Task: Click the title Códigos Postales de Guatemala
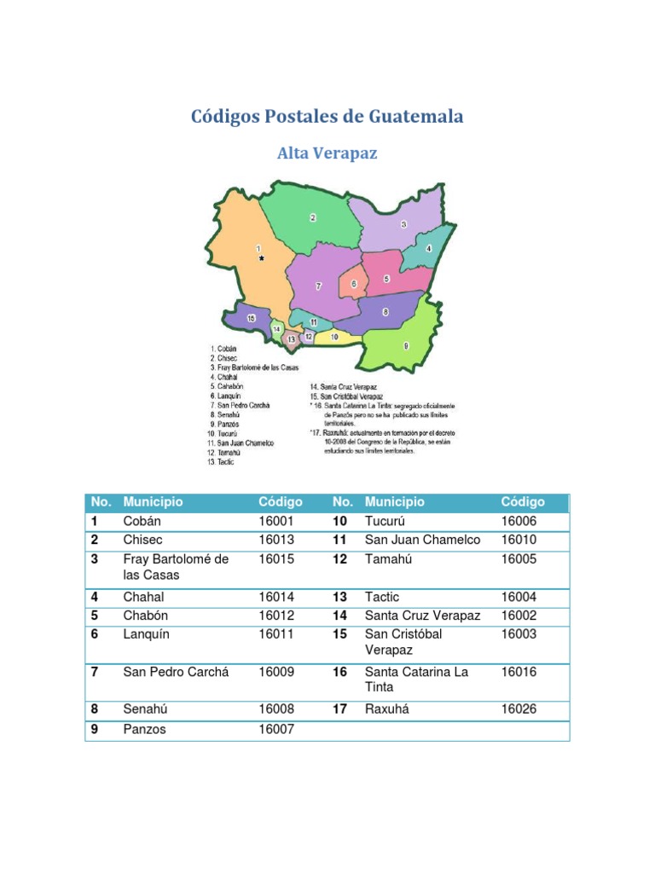(327, 117)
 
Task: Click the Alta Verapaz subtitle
(327, 153)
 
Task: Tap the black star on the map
(262, 257)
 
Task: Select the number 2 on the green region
(313, 218)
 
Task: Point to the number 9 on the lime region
(406, 345)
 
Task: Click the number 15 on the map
(251, 318)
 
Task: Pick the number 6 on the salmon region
(353, 284)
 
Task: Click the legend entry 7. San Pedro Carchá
(241, 405)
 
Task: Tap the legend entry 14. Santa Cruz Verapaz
(346, 387)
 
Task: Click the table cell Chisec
(142, 540)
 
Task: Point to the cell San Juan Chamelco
(422, 540)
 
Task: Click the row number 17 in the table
(339, 709)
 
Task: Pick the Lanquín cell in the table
(147, 634)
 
